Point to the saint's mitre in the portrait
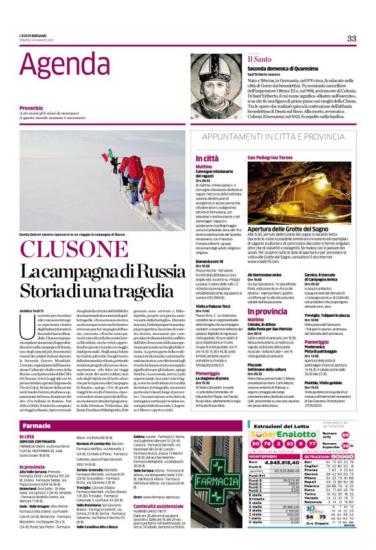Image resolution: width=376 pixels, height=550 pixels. click(x=211, y=60)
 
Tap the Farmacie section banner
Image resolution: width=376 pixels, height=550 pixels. click(x=37, y=426)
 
